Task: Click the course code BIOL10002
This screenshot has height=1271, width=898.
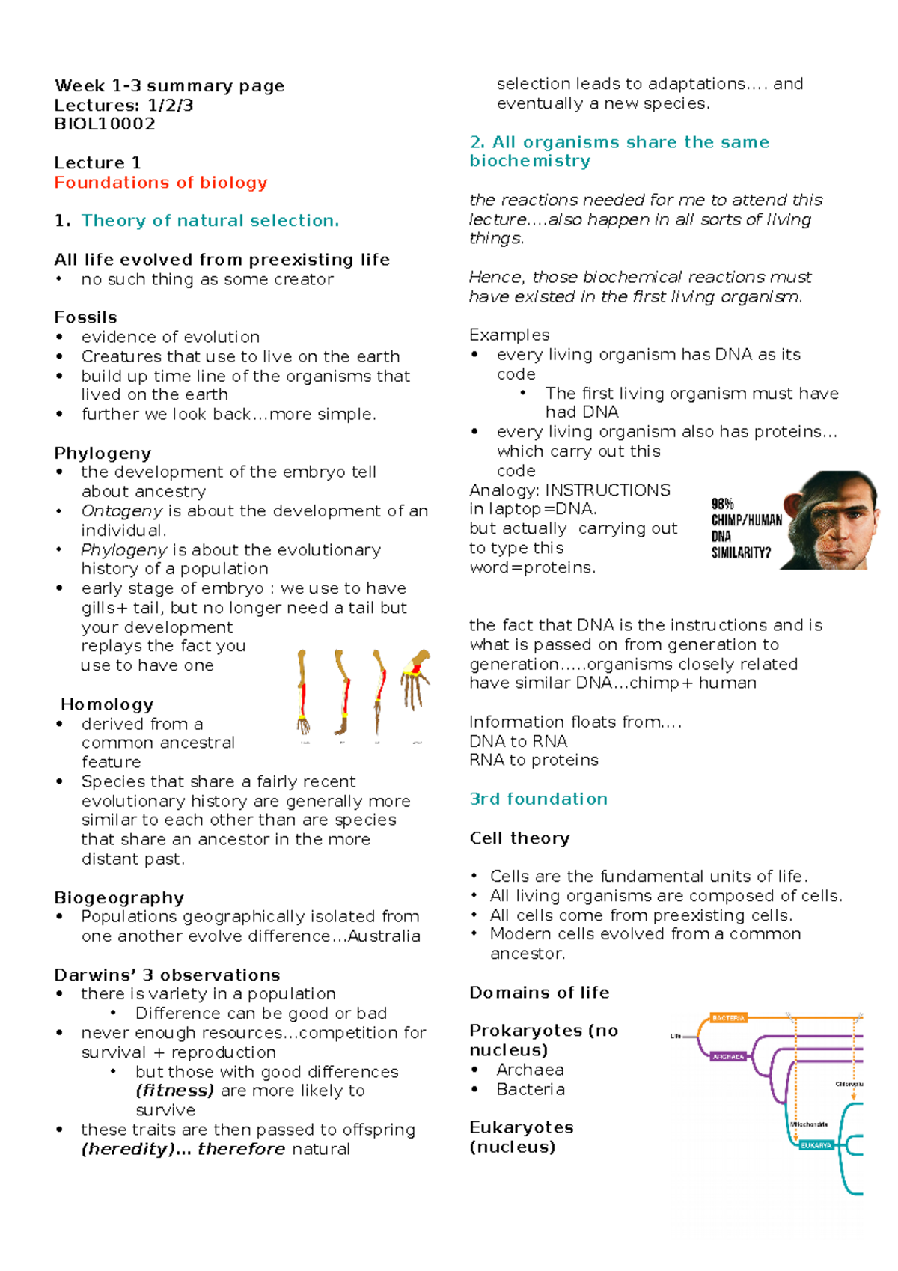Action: (x=105, y=124)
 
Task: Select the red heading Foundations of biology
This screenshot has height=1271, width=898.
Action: (x=160, y=183)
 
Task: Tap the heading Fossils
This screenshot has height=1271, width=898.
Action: (x=85, y=317)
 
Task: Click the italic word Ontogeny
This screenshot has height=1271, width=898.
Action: (x=121, y=511)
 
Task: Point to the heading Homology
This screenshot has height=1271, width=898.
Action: (x=107, y=704)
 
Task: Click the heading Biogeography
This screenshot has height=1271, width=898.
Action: (x=119, y=897)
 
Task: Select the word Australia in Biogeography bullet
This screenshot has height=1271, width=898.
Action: (x=384, y=936)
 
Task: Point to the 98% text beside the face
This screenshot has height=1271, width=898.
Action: (x=722, y=505)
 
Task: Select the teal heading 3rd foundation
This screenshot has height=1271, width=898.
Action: (x=538, y=799)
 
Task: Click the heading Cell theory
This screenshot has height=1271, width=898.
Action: (x=519, y=838)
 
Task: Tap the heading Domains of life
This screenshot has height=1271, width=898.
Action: (x=539, y=993)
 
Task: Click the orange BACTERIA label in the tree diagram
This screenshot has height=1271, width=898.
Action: (x=728, y=1018)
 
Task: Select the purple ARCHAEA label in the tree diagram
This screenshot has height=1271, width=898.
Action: (x=728, y=1057)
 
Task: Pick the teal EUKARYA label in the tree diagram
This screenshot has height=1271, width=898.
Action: (x=816, y=1145)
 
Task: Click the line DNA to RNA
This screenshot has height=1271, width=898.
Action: (x=518, y=741)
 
